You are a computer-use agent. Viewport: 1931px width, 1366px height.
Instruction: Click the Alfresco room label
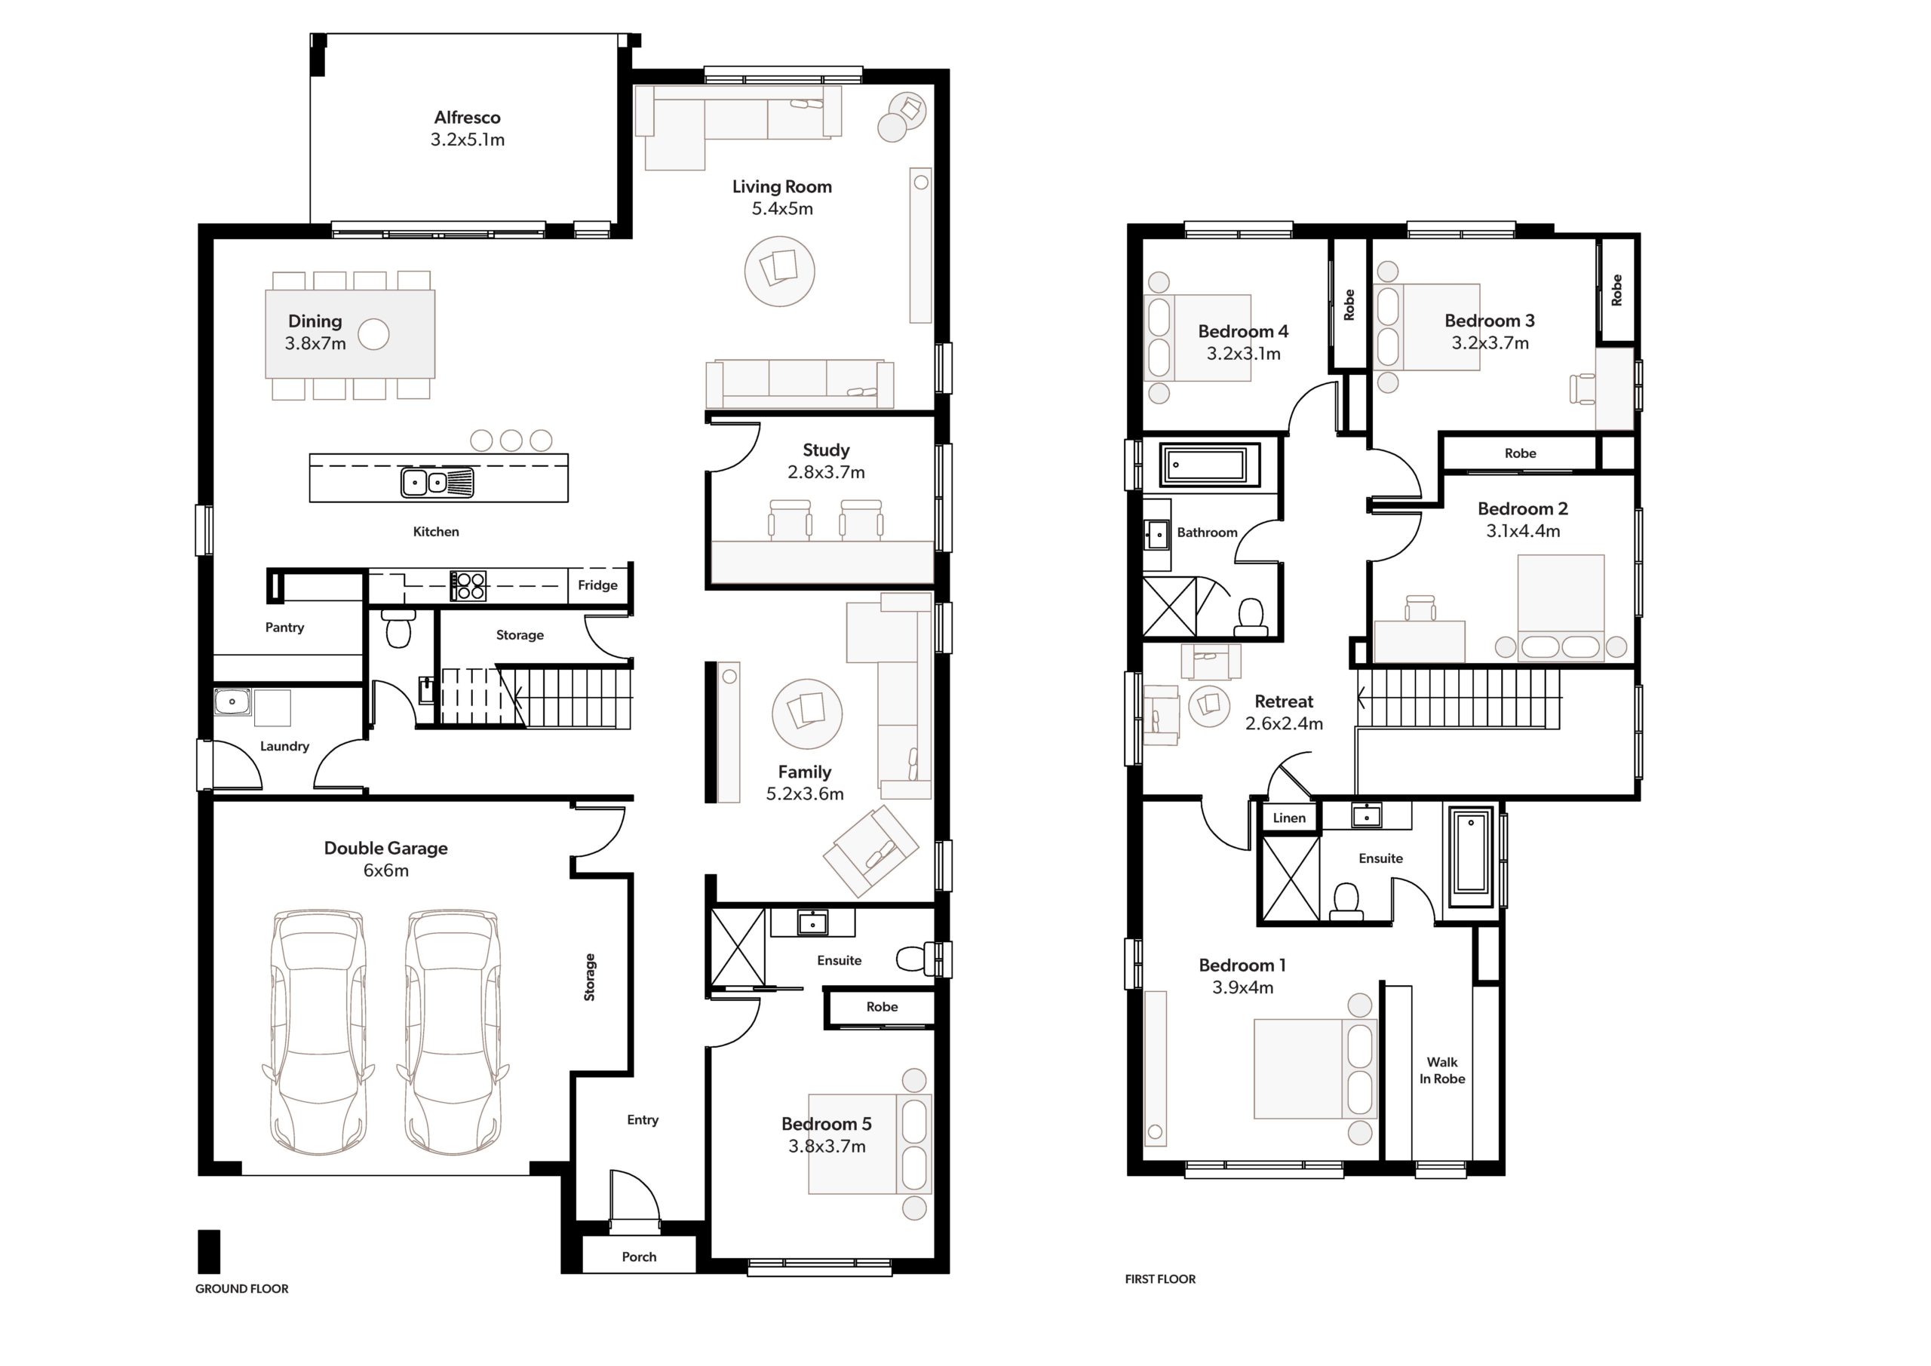tap(468, 118)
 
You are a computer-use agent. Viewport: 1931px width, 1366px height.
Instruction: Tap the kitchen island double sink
tap(437, 483)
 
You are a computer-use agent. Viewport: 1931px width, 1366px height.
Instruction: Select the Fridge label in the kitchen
tap(597, 585)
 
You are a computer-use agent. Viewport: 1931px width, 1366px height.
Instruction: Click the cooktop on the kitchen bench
tap(468, 585)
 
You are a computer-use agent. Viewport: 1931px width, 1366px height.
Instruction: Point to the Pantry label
tap(284, 628)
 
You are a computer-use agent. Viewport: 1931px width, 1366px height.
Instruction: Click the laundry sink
tap(232, 701)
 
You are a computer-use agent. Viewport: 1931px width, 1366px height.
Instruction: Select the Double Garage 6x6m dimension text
tap(386, 870)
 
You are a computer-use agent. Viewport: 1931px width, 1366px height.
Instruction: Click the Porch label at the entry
tap(639, 1257)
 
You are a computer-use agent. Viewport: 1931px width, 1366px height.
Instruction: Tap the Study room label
tap(826, 450)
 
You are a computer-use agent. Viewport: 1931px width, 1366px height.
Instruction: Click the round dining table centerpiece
tap(374, 335)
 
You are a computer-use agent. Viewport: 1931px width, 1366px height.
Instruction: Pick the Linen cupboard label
tap(1289, 818)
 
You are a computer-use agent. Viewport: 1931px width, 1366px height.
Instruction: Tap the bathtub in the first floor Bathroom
tap(1209, 465)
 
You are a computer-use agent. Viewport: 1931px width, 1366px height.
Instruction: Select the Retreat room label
tap(1285, 701)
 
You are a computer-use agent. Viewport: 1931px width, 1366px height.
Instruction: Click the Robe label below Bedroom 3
tap(1521, 453)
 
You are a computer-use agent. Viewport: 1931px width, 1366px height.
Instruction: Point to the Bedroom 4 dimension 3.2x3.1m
tap(1244, 354)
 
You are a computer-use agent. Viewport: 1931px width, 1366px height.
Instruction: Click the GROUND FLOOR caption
tap(242, 1288)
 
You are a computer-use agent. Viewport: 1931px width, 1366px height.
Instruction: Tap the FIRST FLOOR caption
tap(1161, 1279)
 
